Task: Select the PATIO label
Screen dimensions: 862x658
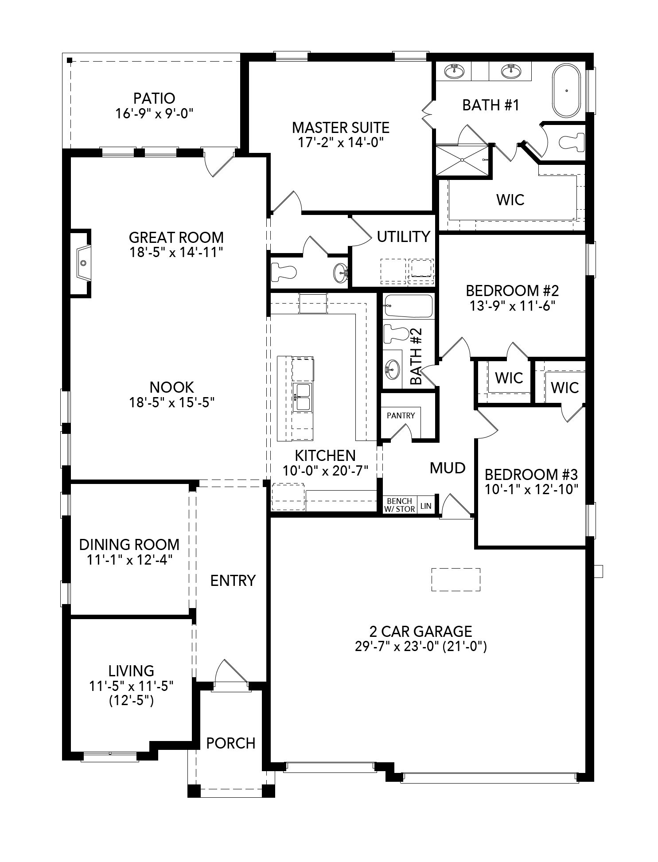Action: coord(154,98)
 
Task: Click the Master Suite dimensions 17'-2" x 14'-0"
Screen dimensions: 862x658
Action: coord(340,142)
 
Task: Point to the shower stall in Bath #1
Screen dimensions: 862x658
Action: coord(463,160)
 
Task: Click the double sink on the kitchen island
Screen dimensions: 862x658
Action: coord(303,397)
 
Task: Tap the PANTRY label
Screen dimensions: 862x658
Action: coord(401,415)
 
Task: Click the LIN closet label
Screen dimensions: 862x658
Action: coord(425,506)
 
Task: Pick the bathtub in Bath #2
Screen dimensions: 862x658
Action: coord(408,306)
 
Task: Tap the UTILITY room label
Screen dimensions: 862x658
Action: coord(403,237)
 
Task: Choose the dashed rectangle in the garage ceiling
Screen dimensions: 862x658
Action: coord(456,579)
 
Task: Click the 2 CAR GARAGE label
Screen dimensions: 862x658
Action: coord(420,631)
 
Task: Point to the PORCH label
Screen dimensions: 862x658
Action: coord(231,743)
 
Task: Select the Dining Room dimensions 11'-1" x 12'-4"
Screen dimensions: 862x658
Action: coord(129,559)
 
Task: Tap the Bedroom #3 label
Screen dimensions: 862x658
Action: coord(531,475)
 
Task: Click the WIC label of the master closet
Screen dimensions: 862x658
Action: coord(510,199)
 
